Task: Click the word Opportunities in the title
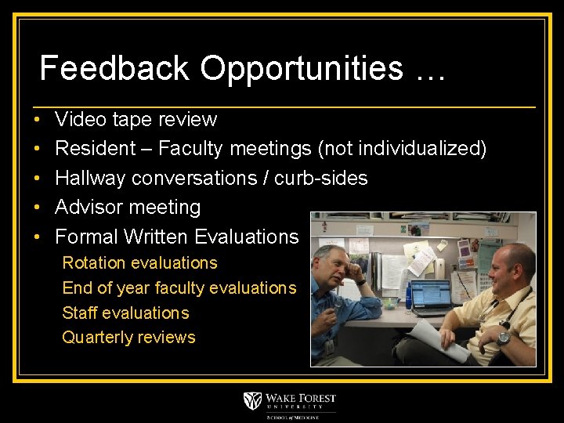tap(302, 69)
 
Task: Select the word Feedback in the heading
tap(114, 68)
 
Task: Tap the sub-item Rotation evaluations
tap(139, 263)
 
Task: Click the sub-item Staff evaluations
tap(125, 313)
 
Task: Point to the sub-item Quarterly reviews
tap(128, 338)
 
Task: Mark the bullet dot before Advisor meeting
tap(38, 208)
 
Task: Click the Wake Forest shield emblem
tap(252, 401)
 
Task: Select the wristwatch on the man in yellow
tap(503, 338)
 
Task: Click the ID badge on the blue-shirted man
tap(330, 345)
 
